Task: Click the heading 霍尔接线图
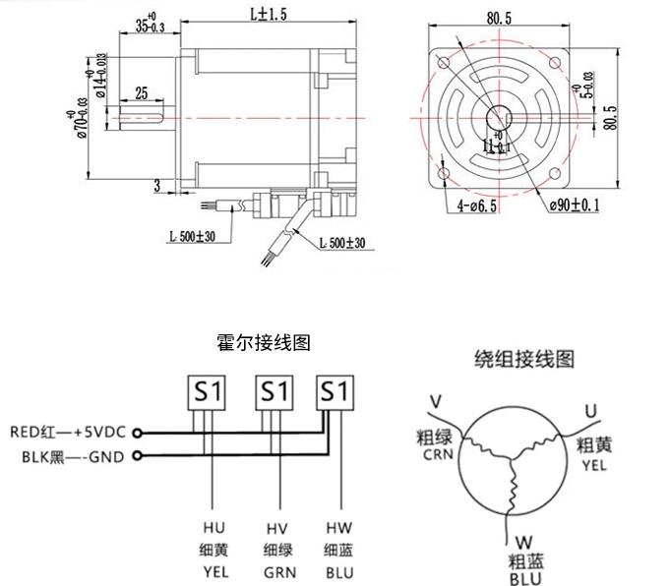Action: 263,343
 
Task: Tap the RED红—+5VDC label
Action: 68,431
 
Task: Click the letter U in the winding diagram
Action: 590,409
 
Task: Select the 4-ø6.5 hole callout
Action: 478,206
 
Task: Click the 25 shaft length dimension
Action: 141,93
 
